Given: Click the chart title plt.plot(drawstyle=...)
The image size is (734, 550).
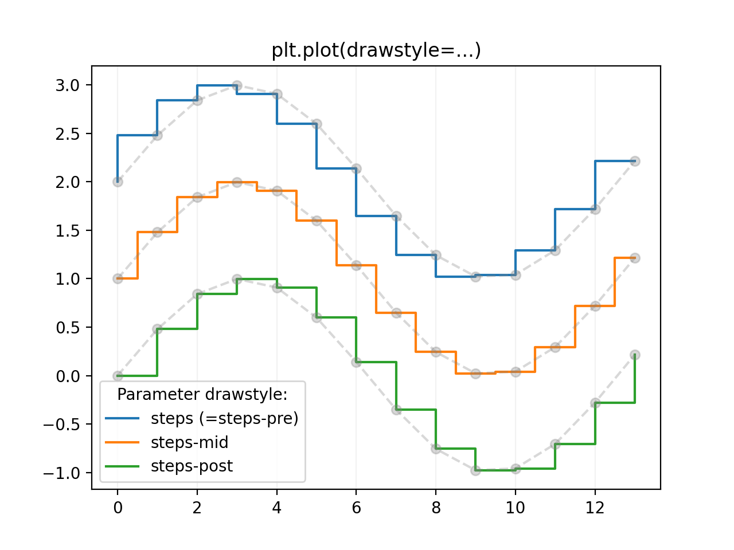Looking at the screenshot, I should (x=376, y=50).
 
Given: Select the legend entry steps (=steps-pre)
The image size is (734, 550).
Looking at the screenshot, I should (x=224, y=419).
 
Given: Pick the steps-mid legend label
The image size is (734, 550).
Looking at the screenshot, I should (x=189, y=442).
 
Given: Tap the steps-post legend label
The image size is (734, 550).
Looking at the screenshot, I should (x=192, y=466).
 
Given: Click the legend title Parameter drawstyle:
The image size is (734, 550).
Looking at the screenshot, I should (x=202, y=395).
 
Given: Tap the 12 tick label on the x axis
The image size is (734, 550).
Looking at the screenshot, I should (x=595, y=507).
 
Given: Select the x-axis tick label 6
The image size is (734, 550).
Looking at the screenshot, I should (x=356, y=507).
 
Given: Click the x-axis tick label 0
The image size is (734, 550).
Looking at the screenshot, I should (x=118, y=507).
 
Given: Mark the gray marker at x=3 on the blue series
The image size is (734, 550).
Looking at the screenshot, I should (x=237, y=85).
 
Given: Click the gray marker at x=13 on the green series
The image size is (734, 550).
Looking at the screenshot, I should (x=635, y=355).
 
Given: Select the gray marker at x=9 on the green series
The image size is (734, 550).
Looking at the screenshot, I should (x=475, y=470).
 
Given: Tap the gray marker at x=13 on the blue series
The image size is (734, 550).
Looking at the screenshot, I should (x=635, y=162).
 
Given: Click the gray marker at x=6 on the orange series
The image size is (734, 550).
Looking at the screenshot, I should (x=356, y=265).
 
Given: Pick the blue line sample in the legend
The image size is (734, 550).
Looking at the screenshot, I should (x=122, y=419).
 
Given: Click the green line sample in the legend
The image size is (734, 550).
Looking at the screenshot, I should (x=122, y=466).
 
